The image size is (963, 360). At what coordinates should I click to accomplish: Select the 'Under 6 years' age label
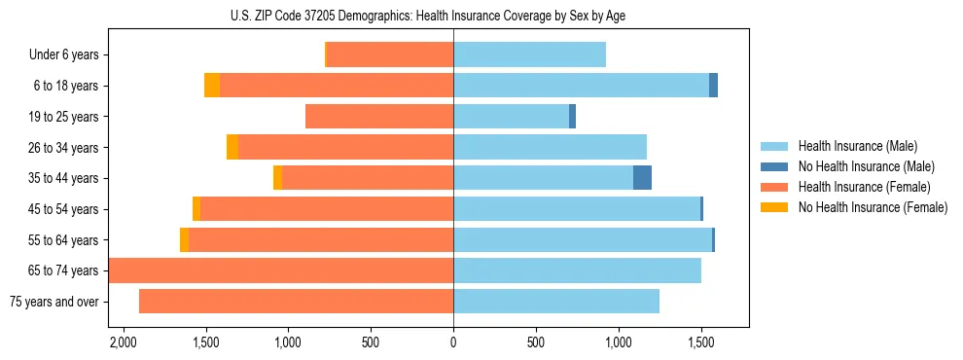tap(63, 55)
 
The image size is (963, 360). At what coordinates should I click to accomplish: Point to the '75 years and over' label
tap(53, 302)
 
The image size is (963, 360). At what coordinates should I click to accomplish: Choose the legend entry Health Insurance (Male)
tap(856, 146)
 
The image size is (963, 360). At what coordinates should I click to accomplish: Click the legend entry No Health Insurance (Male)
tap(864, 166)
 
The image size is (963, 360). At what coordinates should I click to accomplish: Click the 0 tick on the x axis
tap(453, 343)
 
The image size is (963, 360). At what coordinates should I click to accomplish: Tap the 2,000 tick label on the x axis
tap(123, 343)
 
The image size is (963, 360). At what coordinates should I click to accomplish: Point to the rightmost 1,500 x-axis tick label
tap(701, 343)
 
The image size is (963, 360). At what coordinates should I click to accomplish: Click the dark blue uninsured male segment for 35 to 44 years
tap(642, 178)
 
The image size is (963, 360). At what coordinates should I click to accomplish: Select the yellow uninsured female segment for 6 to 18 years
tap(212, 86)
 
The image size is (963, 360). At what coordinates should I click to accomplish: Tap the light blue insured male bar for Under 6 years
tap(529, 55)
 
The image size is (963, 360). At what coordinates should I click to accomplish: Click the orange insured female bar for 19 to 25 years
tap(379, 117)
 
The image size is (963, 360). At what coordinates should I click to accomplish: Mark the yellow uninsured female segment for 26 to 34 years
tap(232, 147)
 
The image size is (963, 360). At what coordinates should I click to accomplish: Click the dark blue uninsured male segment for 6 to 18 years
tap(713, 86)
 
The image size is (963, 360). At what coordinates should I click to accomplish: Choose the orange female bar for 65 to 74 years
tap(281, 270)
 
